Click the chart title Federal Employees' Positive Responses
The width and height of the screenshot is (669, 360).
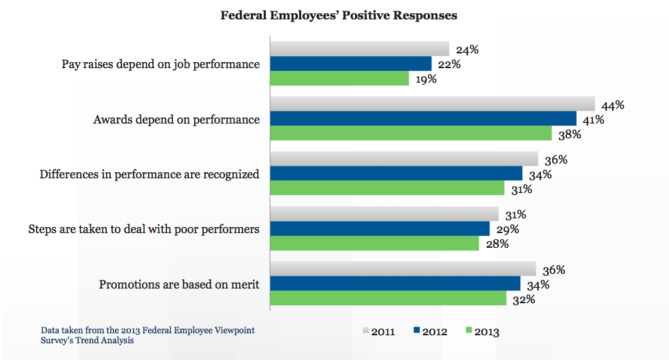point(339,15)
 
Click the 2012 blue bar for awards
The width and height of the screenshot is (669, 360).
point(423,118)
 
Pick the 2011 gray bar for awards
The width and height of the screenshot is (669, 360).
point(432,104)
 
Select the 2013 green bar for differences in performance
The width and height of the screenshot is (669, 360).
point(387,188)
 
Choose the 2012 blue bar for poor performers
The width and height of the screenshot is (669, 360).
point(380,228)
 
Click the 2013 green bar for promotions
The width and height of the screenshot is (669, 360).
point(388,298)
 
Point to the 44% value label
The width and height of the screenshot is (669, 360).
point(612,105)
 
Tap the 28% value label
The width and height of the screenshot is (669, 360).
point(497,244)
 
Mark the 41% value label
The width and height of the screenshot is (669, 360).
point(593,120)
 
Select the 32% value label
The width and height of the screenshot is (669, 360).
point(523,299)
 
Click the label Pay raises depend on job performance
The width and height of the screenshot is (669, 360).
point(160,65)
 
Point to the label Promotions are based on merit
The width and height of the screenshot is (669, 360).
point(179,285)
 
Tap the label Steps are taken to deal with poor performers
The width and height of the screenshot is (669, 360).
point(144,229)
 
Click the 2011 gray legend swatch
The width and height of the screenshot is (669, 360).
point(365,331)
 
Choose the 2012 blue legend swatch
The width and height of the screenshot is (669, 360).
point(417,331)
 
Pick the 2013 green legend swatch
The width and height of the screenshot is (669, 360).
point(469,331)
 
